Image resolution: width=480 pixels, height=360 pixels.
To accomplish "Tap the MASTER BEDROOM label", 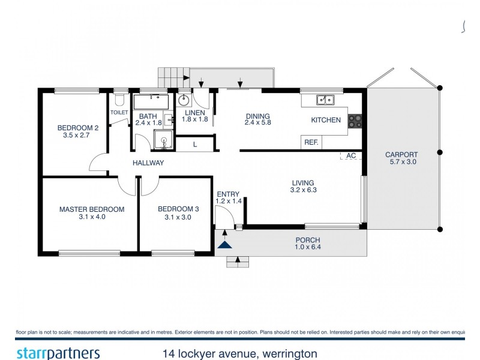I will pos(91,209).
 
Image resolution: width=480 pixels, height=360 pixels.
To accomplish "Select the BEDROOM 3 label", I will pos(175,209).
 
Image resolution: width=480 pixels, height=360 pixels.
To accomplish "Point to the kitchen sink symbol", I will pos(326,100).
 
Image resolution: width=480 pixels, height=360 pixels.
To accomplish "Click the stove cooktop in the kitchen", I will pos(355,121).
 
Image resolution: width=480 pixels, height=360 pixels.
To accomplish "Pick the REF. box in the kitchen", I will pos(311,143).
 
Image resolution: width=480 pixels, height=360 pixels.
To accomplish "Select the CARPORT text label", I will pos(401,154).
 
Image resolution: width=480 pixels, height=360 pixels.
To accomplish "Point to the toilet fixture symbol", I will pos(119,98).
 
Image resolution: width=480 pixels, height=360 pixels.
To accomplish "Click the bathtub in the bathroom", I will pos(152,101).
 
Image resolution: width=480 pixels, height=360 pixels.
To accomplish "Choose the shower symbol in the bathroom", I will pos(163,141).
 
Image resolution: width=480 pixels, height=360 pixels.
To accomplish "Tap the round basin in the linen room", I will pos(184,100).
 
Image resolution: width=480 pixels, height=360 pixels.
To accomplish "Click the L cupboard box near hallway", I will pos(195,144).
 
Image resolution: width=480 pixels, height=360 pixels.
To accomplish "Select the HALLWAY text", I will pos(148,163).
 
